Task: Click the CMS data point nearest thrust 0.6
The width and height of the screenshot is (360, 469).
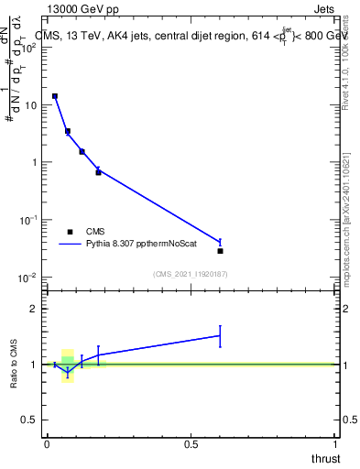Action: tap(220, 250)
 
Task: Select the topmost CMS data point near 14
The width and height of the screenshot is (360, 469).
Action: tap(55, 96)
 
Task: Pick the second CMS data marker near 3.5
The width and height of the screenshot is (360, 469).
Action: tap(68, 131)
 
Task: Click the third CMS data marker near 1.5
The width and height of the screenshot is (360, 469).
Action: tap(82, 151)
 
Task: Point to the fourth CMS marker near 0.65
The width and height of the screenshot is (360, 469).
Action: tap(98, 172)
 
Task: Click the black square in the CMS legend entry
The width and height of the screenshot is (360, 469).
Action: tap(70, 232)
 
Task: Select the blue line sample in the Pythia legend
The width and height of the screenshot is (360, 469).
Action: tap(70, 245)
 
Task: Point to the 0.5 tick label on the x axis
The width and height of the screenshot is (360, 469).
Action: tap(191, 444)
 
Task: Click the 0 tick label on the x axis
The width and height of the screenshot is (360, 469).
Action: tap(47, 444)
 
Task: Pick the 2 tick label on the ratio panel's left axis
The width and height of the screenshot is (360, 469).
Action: tap(32, 309)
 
